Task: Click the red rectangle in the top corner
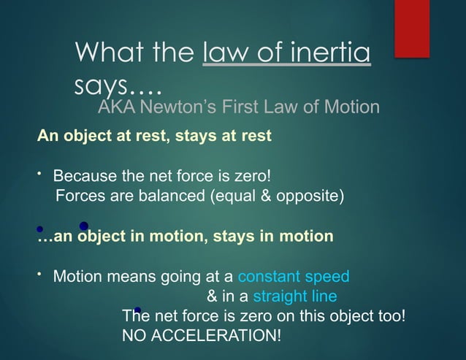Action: pos(411,27)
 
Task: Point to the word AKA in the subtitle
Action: pos(118,108)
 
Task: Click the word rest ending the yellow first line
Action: pos(256,136)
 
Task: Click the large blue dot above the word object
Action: pos(84,226)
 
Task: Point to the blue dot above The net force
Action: pos(137,310)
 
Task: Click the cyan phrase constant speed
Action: pos(294,277)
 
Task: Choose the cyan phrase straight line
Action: pos(295,296)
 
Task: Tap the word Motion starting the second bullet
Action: pos(77,277)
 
